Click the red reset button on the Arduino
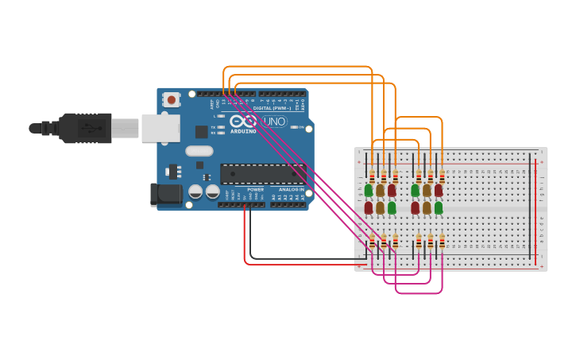171,99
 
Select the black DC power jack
164,194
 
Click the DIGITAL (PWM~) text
271,108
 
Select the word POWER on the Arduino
255,190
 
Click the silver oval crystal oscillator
199,151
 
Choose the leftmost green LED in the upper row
369,191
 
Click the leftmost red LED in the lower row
369,207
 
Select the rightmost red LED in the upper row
439,191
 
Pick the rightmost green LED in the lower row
439,207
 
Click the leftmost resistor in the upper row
372,176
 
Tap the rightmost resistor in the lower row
442,241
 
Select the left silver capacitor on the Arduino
195,192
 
